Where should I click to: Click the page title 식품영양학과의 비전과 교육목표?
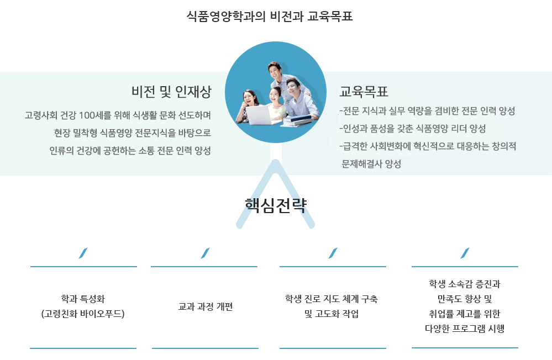tap(270, 17)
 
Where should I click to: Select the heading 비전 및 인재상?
tap(171, 92)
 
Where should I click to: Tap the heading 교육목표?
tap(364, 92)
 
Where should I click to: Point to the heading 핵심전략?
tap(276, 204)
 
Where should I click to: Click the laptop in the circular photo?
tap(258, 115)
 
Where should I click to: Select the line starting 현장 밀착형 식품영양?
tap(133, 133)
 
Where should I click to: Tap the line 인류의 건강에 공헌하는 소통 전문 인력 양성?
tap(130, 151)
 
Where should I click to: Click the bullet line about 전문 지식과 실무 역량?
tap(427, 111)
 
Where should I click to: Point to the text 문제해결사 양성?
tap(371, 164)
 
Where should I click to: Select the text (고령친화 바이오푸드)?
tap(83, 314)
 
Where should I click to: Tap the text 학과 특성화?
tap(83, 299)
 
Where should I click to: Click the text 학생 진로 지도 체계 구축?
tap(332, 299)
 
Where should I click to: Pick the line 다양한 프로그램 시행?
tap(465, 329)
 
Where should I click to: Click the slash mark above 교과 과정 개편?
tap(205, 253)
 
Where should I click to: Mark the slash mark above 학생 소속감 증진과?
tap(465, 253)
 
